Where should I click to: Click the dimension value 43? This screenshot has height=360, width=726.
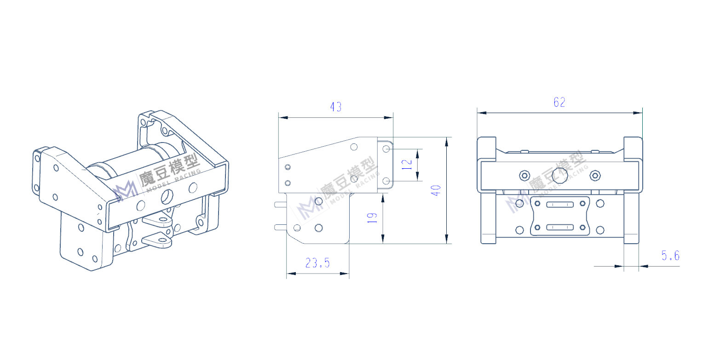click(336, 107)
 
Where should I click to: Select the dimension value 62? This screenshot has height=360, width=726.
click(559, 103)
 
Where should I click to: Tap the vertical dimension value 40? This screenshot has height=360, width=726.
click(436, 190)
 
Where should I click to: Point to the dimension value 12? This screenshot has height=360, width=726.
click(407, 165)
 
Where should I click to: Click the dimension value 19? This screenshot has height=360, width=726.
click(372, 218)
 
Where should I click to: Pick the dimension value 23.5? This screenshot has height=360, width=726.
click(317, 263)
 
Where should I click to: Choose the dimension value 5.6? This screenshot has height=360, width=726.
click(670, 256)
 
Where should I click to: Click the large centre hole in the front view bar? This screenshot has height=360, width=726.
click(560, 175)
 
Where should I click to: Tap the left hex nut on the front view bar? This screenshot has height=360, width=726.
click(525, 176)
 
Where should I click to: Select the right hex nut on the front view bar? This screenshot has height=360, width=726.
click(595, 176)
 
